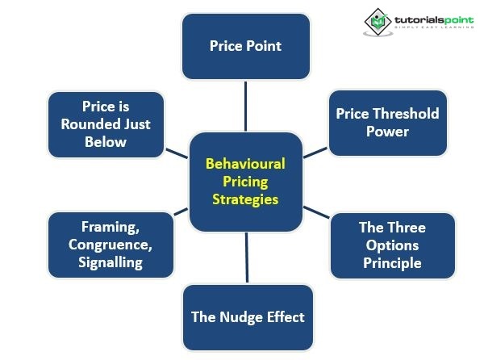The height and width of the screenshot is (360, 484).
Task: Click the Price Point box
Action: pyautogui.click(x=245, y=46)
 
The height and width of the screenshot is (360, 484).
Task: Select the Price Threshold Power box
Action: pyautogui.click(x=388, y=122)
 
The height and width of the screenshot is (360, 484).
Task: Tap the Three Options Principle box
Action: pyautogui.click(x=393, y=245)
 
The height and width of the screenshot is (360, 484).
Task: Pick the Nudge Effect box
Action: pyautogui.click(x=248, y=316)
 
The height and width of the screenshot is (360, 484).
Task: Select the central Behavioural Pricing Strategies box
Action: pyautogui.click(x=245, y=180)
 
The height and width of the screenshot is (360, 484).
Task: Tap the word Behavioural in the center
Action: pyautogui.click(x=245, y=163)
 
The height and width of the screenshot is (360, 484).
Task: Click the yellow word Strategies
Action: pyautogui.click(x=245, y=199)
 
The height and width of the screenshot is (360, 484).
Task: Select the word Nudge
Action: pyautogui.click(x=244, y=316)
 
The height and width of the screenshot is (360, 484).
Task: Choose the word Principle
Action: pyautogui.click(x=393, y=263)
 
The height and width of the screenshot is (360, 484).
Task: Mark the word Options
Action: pyautogui.click(x=393, y=245)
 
